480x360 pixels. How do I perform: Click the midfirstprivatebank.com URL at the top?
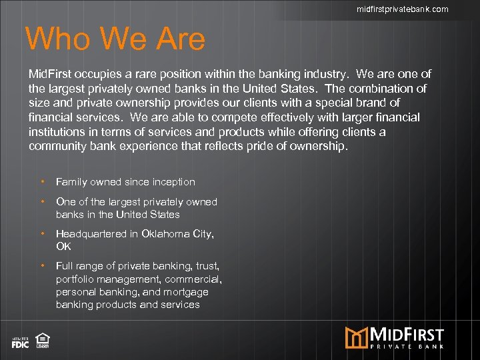coord(402,9)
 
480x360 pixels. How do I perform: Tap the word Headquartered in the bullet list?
coord(89,234)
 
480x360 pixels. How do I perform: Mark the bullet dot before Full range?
coord(43,266)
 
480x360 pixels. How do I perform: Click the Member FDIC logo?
coord(20,343)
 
